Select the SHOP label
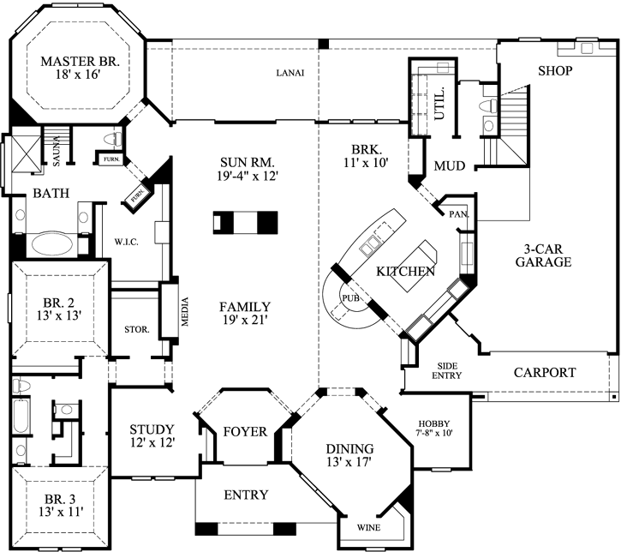point(554,70)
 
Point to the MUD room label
point(449,165)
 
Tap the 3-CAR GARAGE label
point(542,255)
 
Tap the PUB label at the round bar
point(349,298)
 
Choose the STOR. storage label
point(137,328)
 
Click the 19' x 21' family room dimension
point(244,321)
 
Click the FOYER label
point(245,431)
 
